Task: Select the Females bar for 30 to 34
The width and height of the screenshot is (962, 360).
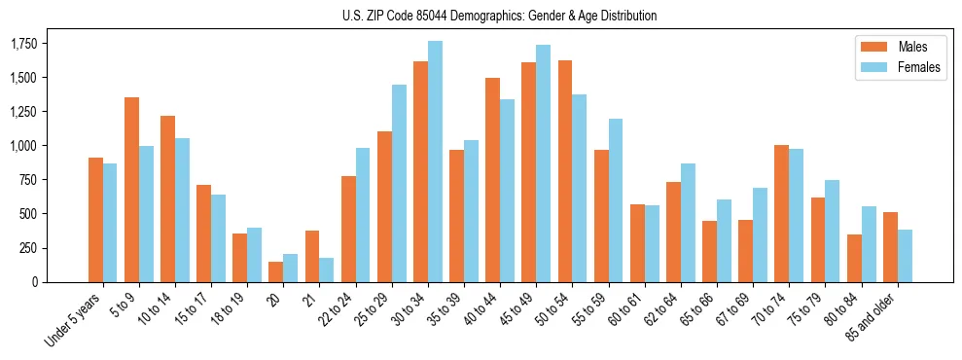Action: click(x=435, y=162)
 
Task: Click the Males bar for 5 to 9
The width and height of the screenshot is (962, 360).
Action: click(x=132, y=190)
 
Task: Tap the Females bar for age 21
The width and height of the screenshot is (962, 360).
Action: click(x=326, y=270)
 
